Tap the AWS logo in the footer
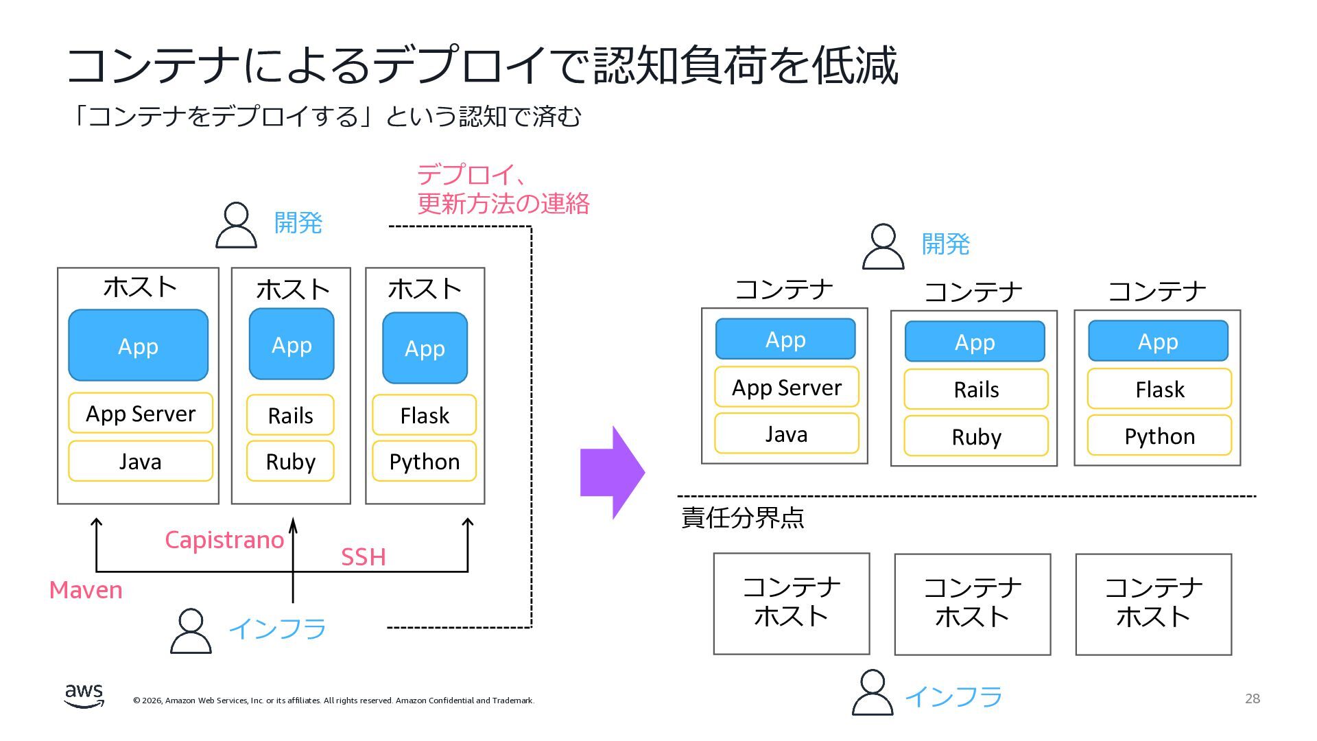tap(84, 695)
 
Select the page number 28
tap(1252, 698)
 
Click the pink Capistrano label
tap(224, 540)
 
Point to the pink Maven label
tap(86, 590)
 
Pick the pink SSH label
tap(363, 557)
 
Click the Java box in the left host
tap(141, 461)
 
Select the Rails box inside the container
tap(975, 390)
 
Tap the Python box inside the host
tap(424, 461)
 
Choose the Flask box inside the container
tap(1159, 389)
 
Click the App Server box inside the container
tap(786, 387)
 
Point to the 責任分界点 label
tap(742, 517)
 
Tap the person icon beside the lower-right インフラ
tap(872, 693)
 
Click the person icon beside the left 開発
tap(236, 224)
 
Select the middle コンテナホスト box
tap(972, 604)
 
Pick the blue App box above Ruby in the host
tap(292, 344)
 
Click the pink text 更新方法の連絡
tap(503, 204)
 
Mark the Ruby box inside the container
tap(975, 436)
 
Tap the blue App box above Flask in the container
tap(1158, 341)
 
